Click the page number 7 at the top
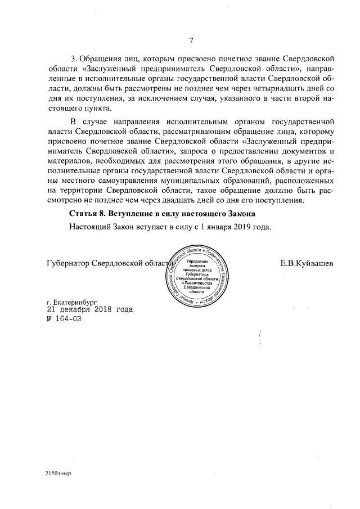[x=191, y=40]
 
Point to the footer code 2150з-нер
[x=58, y=474]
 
